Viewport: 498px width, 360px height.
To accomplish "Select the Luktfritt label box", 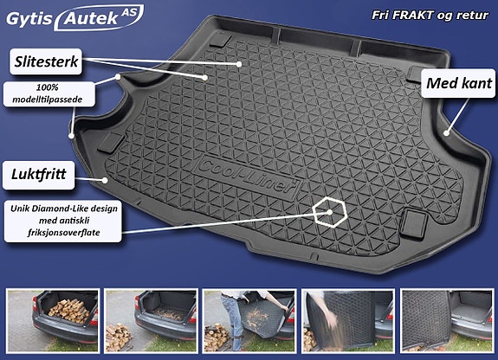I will [40, 173].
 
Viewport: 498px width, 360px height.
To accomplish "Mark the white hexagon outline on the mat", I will [329, 211].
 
